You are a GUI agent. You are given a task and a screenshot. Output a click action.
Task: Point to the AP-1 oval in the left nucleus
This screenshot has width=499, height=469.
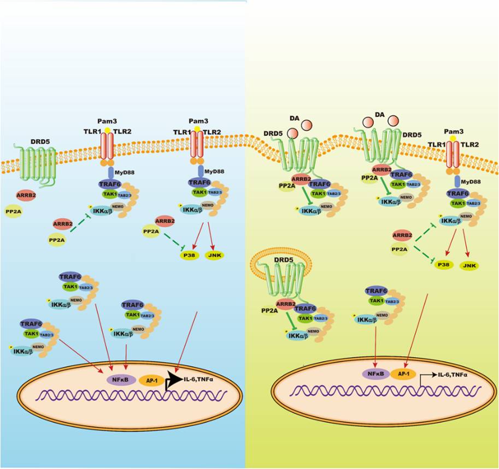149,378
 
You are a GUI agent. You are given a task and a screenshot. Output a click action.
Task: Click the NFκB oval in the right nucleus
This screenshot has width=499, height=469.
376,375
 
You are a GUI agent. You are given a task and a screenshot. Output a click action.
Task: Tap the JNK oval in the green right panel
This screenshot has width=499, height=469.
468,265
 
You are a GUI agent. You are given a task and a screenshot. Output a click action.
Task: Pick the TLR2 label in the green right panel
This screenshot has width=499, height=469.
467,146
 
